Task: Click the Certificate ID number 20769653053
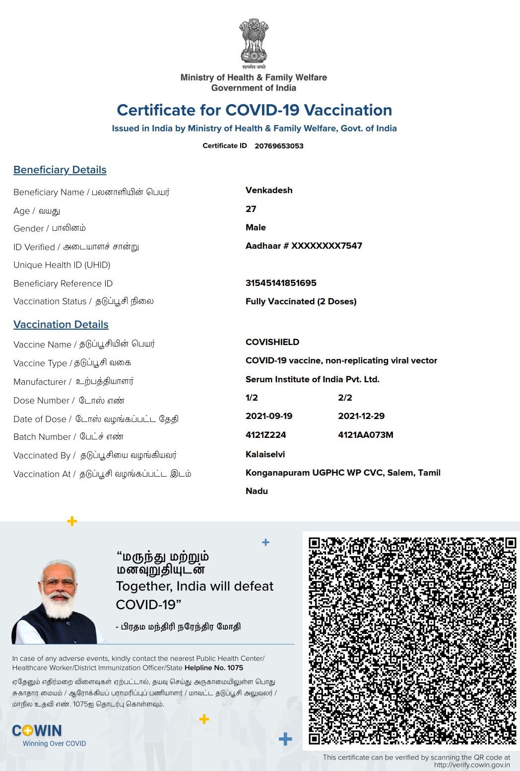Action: [279, 146]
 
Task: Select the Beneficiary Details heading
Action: [60, 170]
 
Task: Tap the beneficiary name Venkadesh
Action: [269, 190]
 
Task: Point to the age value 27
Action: [251, 209]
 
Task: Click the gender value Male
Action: [256, 227]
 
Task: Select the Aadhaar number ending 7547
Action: [304, 246]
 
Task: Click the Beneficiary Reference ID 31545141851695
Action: [281, 283]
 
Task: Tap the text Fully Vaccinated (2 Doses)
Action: [301, 301]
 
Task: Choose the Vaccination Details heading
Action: [61, 325]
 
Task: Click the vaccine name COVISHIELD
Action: [272, 342]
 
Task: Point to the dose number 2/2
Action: [345, 398]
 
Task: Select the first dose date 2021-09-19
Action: [269, 416]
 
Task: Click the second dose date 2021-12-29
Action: [361, 416]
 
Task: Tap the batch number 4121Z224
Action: [265, 435]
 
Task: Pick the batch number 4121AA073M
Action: [365, 435]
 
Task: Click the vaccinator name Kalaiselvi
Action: [265, 454]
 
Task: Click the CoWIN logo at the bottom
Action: [38, 731]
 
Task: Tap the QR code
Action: [412, 640]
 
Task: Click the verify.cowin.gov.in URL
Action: [471, 765]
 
